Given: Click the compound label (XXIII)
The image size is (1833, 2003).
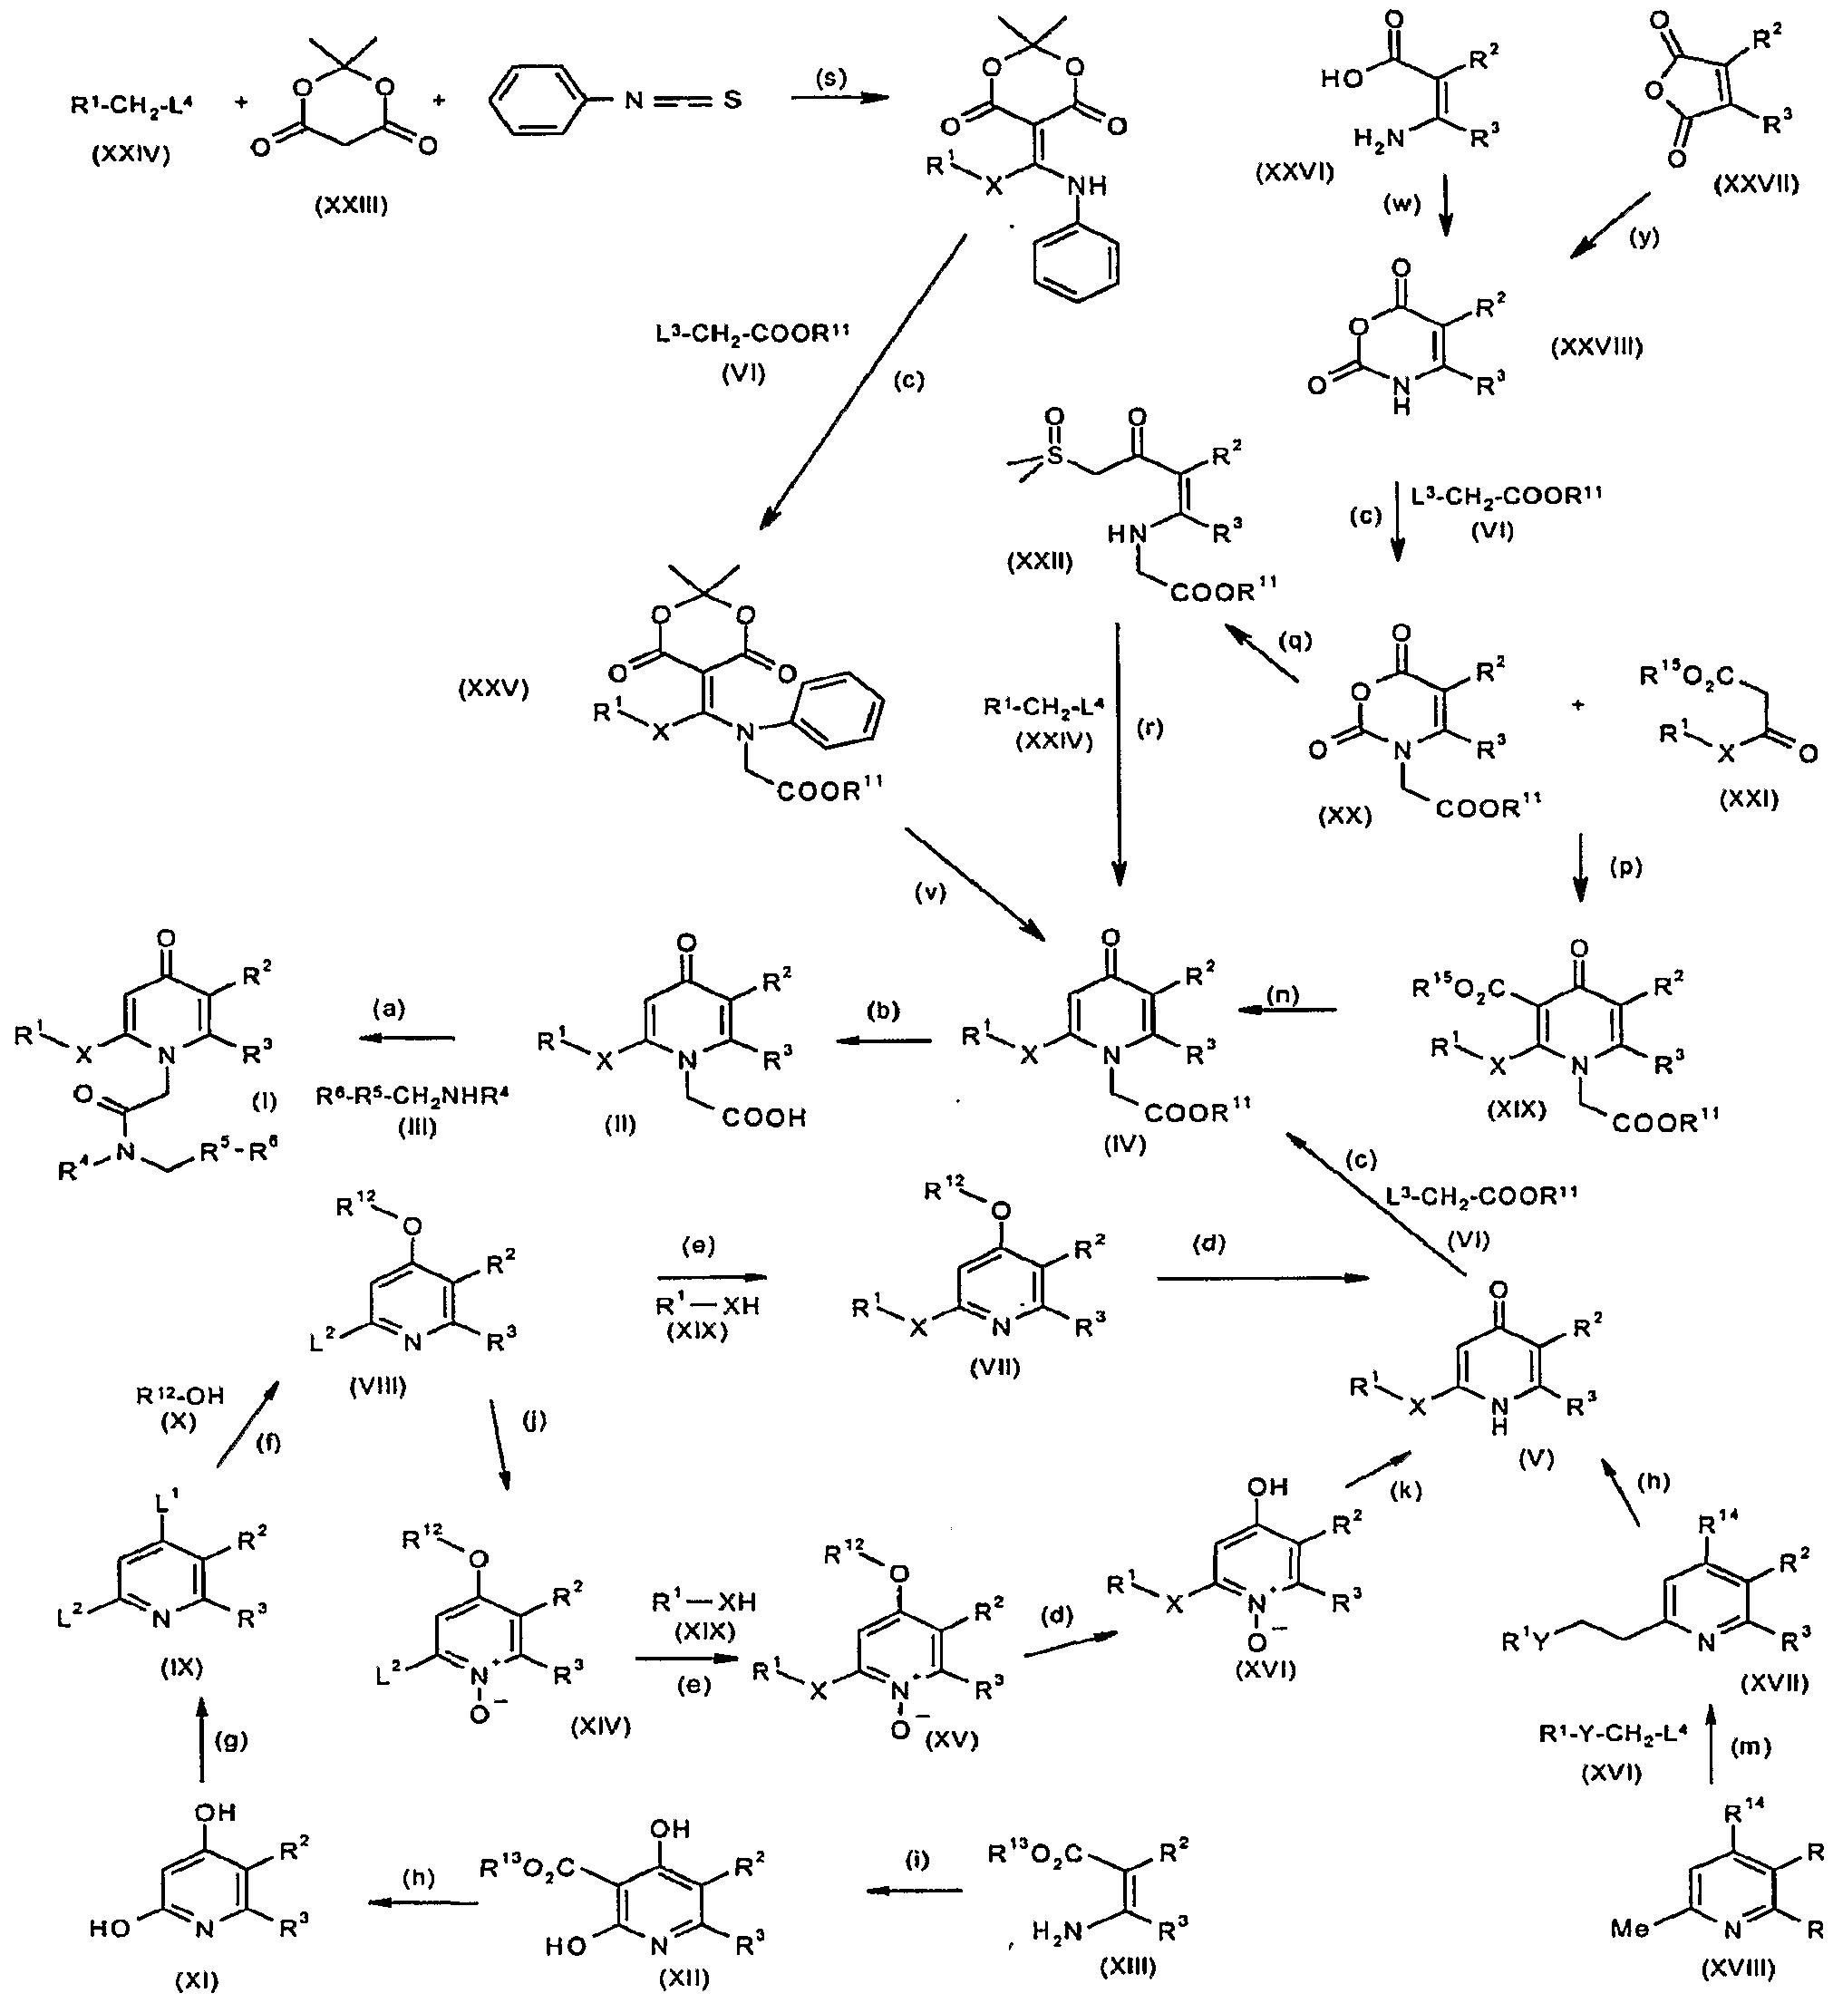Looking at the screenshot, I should [x=351, y=206].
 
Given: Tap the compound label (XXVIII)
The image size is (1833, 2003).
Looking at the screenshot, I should [x=1596, y=347].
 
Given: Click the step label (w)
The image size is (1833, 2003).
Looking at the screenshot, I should [x=1401, y=204].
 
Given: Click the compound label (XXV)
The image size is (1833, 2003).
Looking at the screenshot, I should [x=493, y=689].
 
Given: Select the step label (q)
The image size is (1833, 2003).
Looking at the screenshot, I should [x=1295, y=642].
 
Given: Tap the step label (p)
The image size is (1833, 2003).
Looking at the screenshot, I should [x=1625, y=866].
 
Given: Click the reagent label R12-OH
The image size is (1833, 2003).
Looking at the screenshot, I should [x=179, y=1396].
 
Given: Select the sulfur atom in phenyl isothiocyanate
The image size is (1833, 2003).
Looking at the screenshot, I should [x=732, y=102].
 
